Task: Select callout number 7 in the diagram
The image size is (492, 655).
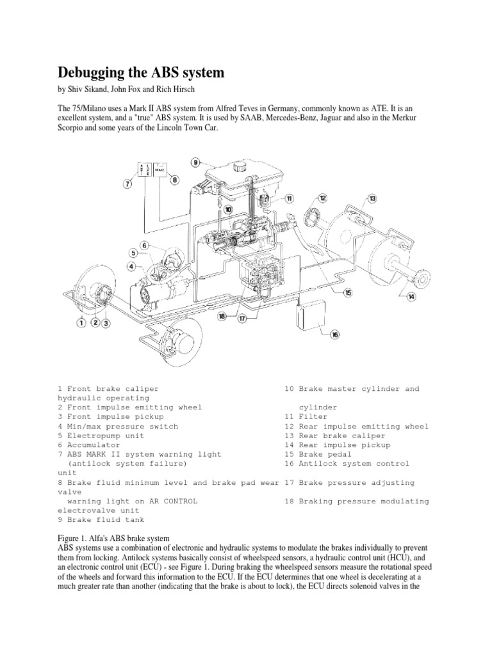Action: (127, 185)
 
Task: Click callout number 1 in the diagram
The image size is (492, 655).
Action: (81, 323)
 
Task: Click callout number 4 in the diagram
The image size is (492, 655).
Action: (131, 266)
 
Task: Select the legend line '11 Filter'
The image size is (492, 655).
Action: (302, 416)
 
